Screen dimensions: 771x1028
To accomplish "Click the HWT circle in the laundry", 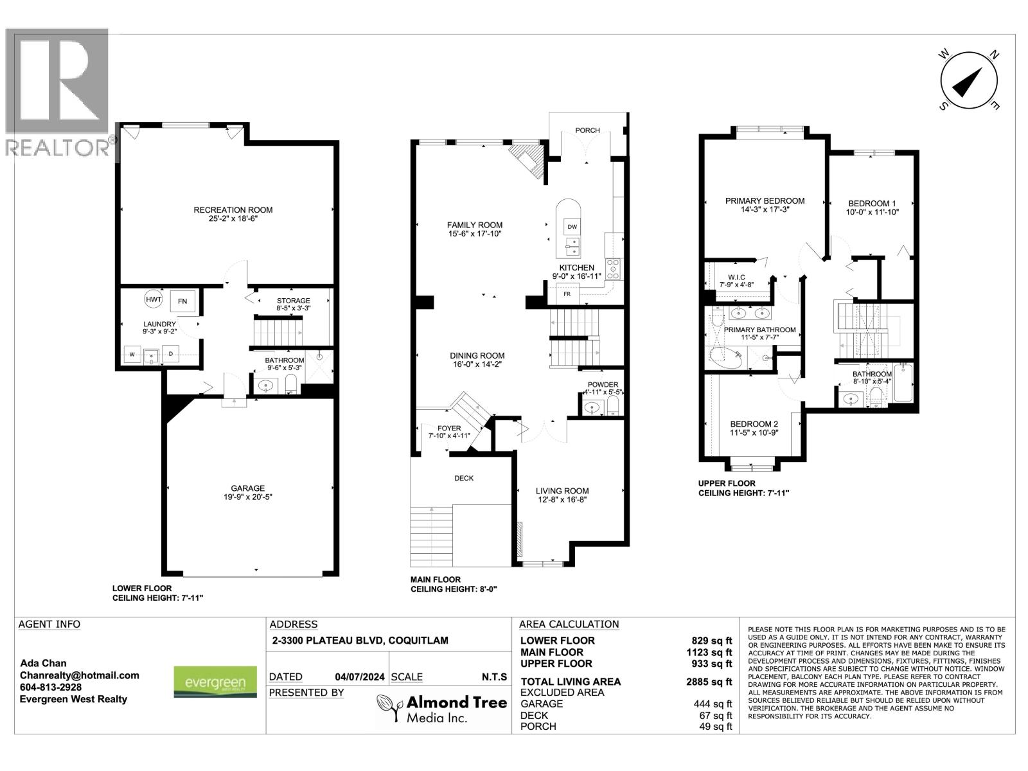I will click(153, 299).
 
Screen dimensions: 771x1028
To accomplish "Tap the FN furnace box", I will click(182, 301).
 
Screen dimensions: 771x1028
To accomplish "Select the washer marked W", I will click(132, 354).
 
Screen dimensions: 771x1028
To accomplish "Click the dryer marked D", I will click(172, 354).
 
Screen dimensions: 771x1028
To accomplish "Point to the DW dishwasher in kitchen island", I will click(572, 227).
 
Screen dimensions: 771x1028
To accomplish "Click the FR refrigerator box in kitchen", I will click(567, 294).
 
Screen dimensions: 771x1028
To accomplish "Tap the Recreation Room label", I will click(233, 209).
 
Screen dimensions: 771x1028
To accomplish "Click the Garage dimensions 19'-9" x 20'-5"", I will click(248, 497).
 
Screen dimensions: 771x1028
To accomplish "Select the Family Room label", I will click(475, 225).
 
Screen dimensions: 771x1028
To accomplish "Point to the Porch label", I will click(587, 130).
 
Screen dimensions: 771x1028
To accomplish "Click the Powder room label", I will click(603, 384).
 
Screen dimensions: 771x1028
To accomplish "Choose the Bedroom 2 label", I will click(754, 424).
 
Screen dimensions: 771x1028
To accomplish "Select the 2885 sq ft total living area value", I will click(709, 682).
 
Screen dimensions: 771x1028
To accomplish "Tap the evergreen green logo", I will click(215, 682).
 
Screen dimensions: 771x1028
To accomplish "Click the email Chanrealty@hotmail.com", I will click(80, 675).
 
